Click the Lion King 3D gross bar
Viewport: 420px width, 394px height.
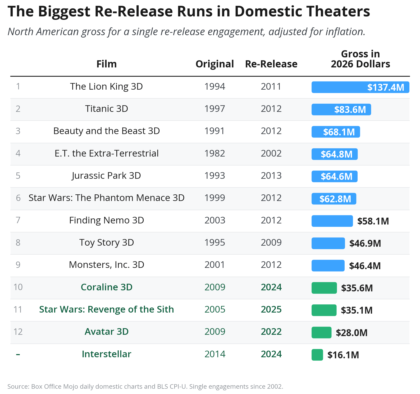coord(360,87)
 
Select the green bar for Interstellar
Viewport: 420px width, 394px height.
coord(317,355)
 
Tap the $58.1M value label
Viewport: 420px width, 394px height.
coord(373,221)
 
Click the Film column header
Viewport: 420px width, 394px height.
coord(106,64)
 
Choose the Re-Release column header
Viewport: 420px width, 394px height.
coord(271,64)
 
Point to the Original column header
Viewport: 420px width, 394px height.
coord(214,64)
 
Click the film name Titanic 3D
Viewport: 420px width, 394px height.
coord(106,109)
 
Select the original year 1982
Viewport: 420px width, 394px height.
coord(214,153)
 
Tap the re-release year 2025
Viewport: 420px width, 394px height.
coord(271,309)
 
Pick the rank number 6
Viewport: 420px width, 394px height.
coord(18,198)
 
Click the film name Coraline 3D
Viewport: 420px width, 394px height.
coord(106,287)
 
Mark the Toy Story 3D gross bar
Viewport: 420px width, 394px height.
coord(328,243)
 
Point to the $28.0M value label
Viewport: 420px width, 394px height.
coord(351,333)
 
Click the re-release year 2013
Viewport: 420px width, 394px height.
coord(271,176)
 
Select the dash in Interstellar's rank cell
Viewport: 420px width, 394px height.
coord(18,354)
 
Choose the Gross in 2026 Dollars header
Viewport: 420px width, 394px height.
coord(360,59)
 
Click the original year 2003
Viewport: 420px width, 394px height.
coord(214,220)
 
